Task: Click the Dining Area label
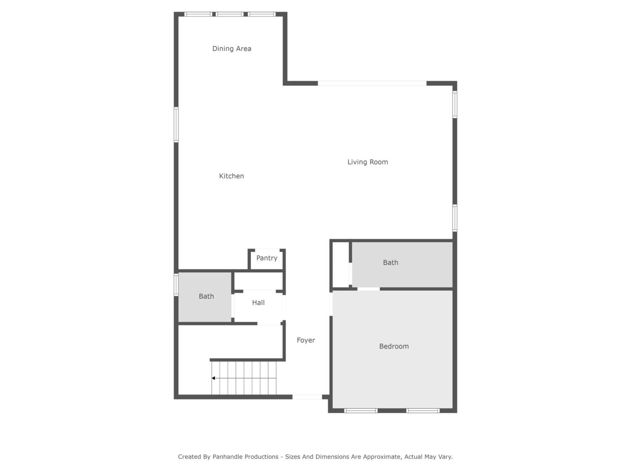point(232,49)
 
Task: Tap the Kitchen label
point(231,176)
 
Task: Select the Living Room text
point(367,162)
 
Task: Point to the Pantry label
point(267,258)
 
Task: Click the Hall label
point(258,303)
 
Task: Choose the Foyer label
point(306,340)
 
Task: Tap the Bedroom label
point(394,346)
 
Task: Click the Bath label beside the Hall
point(206,296)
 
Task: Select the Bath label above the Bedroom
point(391,262)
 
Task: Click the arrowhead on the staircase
point(213,378)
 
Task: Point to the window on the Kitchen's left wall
point(176,125)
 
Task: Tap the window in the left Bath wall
point(176,285)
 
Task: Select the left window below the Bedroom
point(361,411)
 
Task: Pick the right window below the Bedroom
point(423,411)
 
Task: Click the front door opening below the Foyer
point(307,397)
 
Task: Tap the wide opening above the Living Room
point(372,83)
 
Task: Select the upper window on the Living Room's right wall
point(455,104)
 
